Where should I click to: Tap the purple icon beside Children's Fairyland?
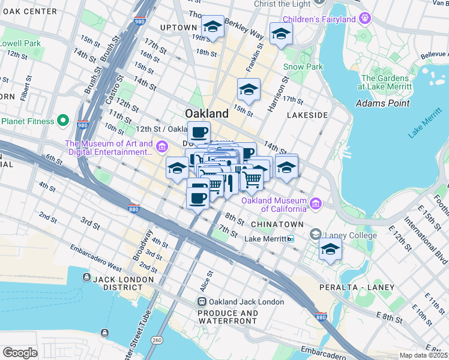(364, 20)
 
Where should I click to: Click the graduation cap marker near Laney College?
(330, 249)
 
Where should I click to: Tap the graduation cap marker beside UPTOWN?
(212, 26)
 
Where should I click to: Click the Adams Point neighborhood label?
(383, 103)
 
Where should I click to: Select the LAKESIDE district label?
(307, 115)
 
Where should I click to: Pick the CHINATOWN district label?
(277, 224)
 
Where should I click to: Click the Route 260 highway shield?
(157, 340)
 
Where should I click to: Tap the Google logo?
(20, 353)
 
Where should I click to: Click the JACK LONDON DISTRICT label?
(119, 284)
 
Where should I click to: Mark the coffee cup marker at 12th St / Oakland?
(199, 132)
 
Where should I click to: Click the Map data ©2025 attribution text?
(424, 355)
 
